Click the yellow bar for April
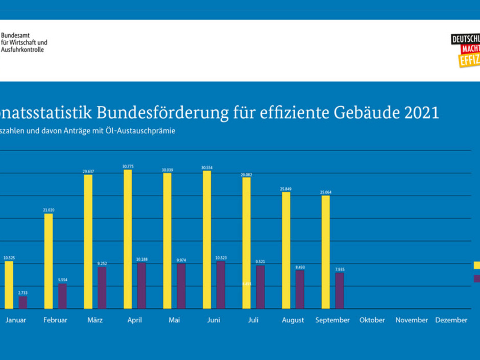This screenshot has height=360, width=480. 128,239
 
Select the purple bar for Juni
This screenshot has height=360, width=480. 221,285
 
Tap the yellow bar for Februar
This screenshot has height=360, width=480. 49,261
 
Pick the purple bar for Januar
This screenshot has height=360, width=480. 23,302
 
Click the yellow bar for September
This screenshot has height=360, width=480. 326,252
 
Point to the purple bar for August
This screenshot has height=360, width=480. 300,289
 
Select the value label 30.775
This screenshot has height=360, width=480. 128,166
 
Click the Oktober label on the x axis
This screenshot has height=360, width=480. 372,320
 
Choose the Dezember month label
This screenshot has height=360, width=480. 451,320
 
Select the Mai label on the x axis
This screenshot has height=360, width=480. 175,320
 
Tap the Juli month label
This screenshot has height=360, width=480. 253,320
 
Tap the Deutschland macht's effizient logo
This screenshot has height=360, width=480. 465,51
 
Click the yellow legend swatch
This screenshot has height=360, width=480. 477,265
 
